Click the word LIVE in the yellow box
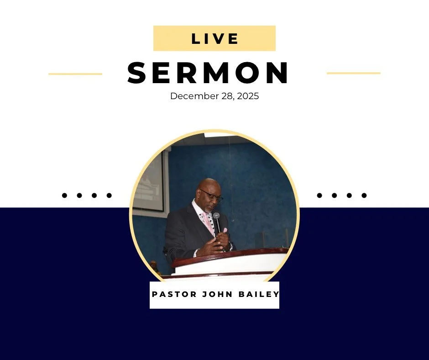[214, 39]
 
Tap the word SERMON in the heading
[208, 73]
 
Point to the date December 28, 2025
[214, 96]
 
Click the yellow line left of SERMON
[75, 74]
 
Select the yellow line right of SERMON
[354, 73]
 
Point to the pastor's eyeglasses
[211, 196]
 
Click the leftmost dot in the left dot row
[64, 196]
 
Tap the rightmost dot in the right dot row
[364, 196]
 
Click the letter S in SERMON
[137, 73]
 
